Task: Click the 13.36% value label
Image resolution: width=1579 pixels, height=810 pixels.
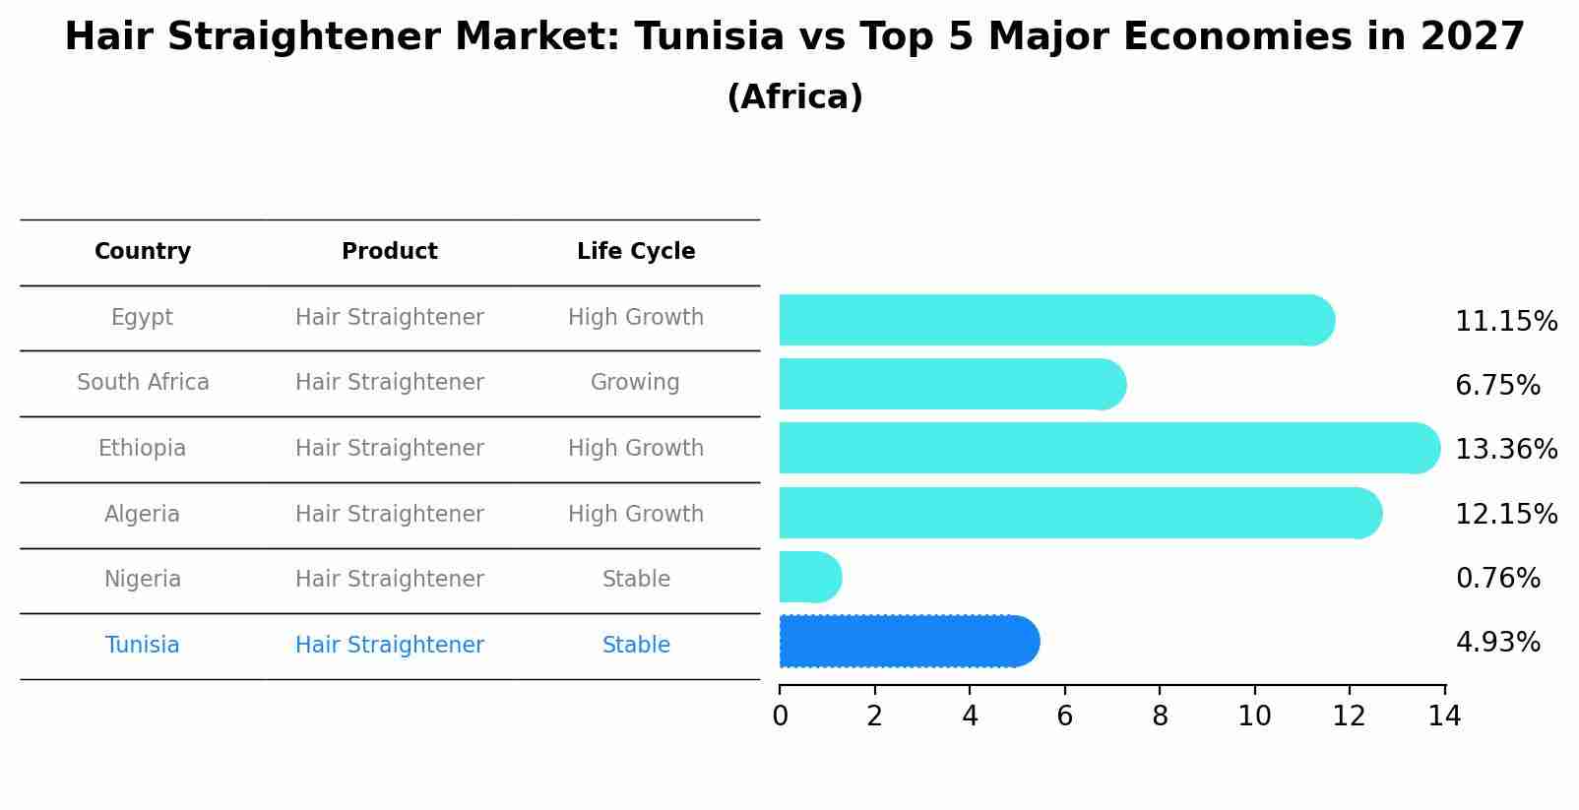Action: [1505, 450]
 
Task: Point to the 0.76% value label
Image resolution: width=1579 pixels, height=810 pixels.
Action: [1497, 579]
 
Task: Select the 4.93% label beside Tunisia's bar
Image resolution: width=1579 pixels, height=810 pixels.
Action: [1497, 643]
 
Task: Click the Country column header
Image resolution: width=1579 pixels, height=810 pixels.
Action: [143, 252]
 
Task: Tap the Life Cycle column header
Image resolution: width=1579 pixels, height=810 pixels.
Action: [636, 252]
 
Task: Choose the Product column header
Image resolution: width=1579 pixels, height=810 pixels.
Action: [389, 252]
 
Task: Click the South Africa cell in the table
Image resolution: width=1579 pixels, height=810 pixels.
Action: [143, 383]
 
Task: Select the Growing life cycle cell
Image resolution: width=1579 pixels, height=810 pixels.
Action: [635, 383]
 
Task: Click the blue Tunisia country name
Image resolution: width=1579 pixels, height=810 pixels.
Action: [143, 646]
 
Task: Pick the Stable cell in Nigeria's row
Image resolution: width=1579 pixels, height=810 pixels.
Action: [636, 580]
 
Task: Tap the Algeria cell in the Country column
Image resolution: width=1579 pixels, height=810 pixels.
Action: [143, 515]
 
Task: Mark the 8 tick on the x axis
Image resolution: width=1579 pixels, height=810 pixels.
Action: [1160, 717]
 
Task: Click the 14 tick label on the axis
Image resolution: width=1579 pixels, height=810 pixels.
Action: [1444, 717]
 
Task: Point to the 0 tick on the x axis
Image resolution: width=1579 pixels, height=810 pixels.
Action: [780, 717]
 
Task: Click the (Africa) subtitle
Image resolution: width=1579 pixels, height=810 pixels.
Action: [794, 97]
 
